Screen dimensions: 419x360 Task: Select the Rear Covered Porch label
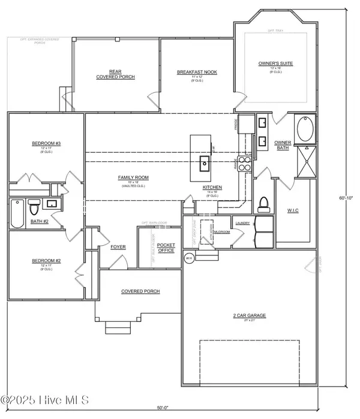115,74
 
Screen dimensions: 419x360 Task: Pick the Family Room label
133,178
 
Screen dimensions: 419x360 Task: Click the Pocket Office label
166,248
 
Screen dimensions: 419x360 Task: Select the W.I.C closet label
293,210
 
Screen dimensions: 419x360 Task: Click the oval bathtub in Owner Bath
304,130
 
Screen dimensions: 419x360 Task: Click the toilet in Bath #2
34,208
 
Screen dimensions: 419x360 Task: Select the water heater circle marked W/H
188,258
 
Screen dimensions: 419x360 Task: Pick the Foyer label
117,247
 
